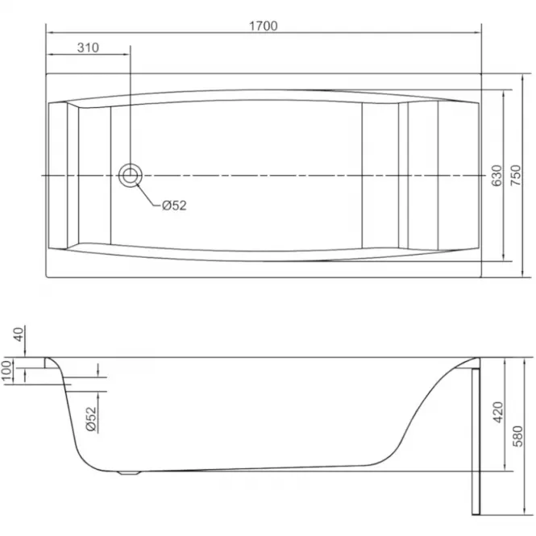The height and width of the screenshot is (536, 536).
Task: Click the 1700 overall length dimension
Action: point(264,26)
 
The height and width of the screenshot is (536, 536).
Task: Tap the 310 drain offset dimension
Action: point(88,48)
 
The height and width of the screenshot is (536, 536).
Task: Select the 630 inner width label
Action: point(497,176)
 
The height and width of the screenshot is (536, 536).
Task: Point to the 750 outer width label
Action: point(516,176)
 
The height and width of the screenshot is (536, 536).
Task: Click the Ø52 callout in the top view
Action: point(174,206)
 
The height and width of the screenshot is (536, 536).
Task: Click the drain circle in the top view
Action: point(131,176)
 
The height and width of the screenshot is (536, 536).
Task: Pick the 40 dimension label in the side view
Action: point(19,334)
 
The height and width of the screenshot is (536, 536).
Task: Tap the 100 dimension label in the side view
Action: point(6,372)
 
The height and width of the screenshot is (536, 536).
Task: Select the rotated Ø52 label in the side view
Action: point(91,419)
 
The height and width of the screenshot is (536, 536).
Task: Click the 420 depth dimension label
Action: point(499,412)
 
